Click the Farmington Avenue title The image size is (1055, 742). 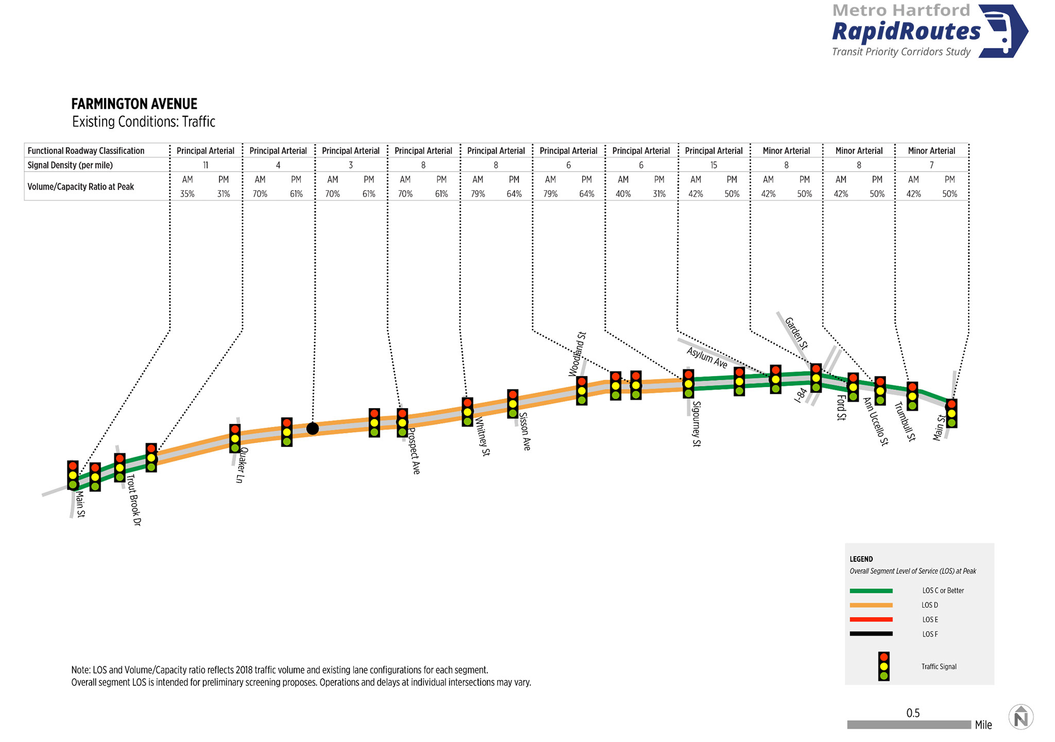[x=134, y=104]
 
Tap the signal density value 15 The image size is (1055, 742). [x=713, y=165]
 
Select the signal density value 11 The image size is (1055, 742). [x=206, y=165]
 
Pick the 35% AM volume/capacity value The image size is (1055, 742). [x=188, y=194]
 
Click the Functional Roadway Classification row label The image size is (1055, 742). [x=86, y=151]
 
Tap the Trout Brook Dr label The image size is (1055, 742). [x=134, y=499]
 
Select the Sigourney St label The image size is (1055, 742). [x=696, y=424]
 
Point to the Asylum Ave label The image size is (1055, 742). [x=707, y=358]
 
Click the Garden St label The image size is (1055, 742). [x=796, y=333]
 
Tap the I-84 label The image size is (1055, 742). [x=801, y=395]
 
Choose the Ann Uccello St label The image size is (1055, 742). [x=876, y=421]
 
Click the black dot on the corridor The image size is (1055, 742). [x=313, y=428]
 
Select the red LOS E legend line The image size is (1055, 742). [x=871, y=619]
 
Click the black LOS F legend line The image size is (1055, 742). [x=871, y=634]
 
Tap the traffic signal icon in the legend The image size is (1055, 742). [x=884, y=666]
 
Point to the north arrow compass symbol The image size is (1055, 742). [x=1021, y=717]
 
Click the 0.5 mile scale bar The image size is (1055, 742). [x=909, y=724]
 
